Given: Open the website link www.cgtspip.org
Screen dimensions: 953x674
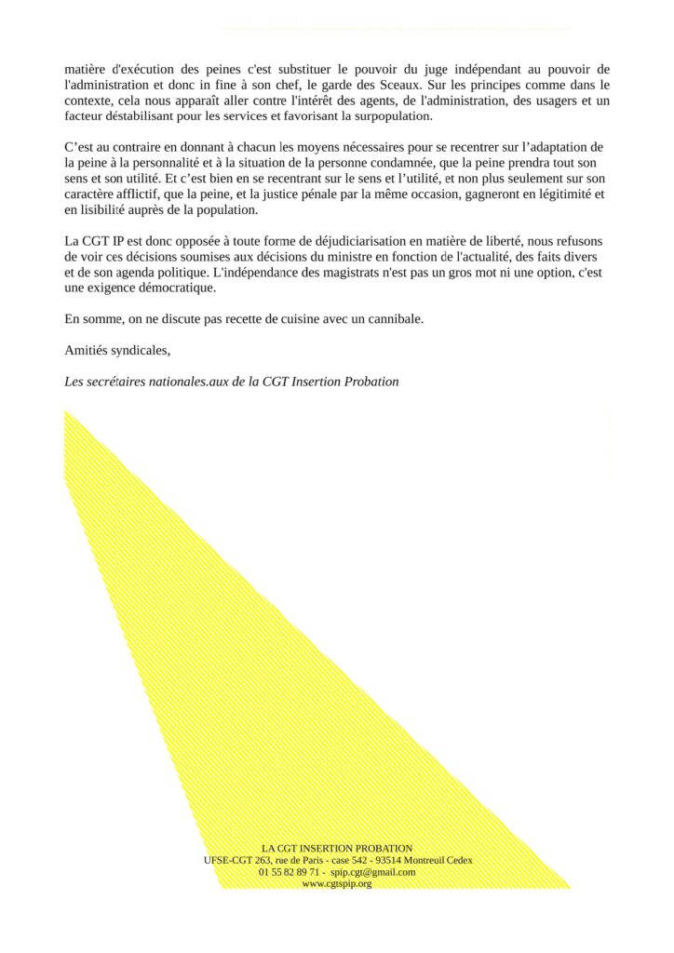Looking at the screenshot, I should (x=337, y=884).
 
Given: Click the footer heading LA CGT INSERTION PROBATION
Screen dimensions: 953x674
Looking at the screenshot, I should (x=337, y=849).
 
